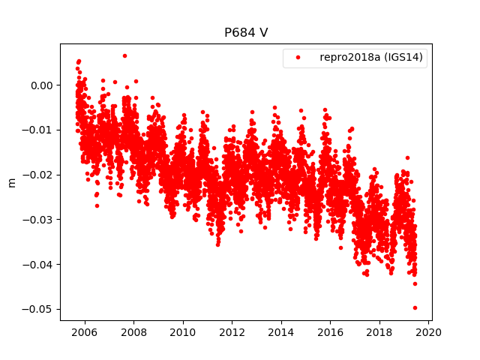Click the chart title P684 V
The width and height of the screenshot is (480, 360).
pyautogui.click(x=246, y=33)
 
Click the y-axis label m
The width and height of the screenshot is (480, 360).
pyautogui.click(x=11, y=182)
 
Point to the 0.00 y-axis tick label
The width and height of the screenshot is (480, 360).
pyautogui.click(x=43, y=85)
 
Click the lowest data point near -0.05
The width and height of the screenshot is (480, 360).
pyautogui.click(x=415, y=307)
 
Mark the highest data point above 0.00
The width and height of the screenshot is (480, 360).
pyautogui.click(x=124, y=55)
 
